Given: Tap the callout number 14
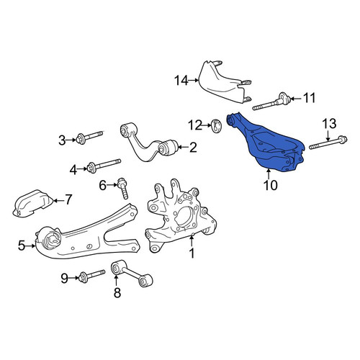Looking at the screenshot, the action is (181, 81).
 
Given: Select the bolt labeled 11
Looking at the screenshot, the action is (271, 102).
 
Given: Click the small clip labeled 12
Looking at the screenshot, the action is (217, 125).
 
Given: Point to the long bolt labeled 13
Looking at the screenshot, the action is (328, 143).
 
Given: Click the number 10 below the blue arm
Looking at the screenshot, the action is (271, 185).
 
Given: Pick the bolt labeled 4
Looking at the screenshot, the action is (104, 165).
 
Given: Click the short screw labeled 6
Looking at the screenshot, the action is (123, 188).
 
